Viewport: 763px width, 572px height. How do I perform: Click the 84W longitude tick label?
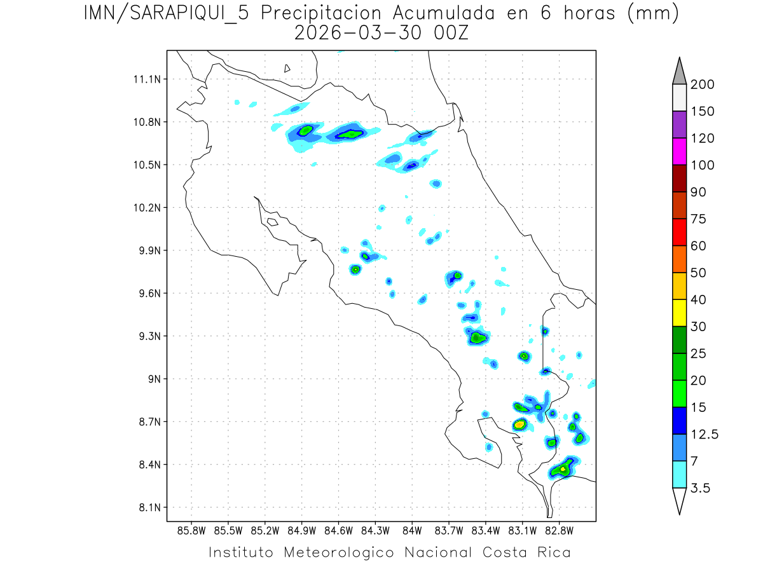pyautogui.click(x=412, y=530)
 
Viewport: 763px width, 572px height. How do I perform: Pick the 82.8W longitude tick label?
pyautogui.click(x=559, y=530)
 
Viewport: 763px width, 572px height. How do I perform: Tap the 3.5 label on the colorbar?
pyautogui.click(x=700, y=488)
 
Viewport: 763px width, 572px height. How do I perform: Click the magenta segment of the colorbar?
pyautogui.click(x=679, y=152)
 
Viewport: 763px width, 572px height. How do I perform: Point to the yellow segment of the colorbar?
pyautogui.click(x=679, y=313)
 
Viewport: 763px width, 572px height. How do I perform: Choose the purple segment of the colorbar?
pyautogui.click(x=679, y=125)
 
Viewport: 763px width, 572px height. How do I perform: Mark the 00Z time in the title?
pyautogui.click(x=450, y=34)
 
